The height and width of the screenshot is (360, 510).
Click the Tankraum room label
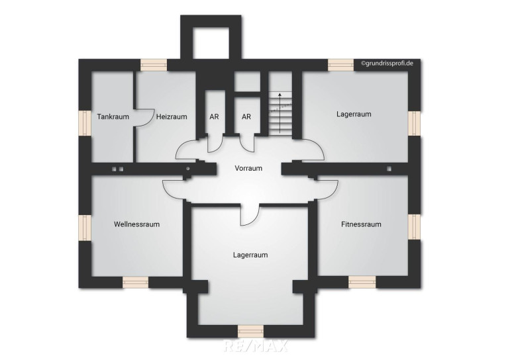[x=113, y=116]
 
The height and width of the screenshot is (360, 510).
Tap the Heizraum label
[x=172, y=116]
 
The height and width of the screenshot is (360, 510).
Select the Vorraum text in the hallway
[x=248, y=168]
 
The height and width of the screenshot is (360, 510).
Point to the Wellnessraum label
[x=136, y=224]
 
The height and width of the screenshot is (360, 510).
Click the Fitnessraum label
[x=361, y=224]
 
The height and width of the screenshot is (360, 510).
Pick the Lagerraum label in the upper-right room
[x=354, y=114]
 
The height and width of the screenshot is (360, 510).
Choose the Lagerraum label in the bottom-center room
[x=250, y=255]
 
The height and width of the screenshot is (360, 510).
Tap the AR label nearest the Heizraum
[x=214, y=116]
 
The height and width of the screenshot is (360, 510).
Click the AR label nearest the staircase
[x=246, y=116]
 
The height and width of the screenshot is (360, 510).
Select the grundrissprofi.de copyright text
[x=387, y=64]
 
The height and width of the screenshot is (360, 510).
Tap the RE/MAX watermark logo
[x=256, y=345]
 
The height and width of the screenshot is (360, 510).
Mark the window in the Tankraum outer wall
[x=86, y=123]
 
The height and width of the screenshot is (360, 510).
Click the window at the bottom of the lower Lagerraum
[x=250, y=331]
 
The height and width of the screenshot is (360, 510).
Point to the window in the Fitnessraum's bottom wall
[x=362, y=282]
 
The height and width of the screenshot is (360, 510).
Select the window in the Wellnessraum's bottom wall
[x=135, y=282]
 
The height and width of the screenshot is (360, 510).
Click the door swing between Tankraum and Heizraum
[x=144, y=117]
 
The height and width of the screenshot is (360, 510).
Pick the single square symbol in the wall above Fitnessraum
[x=389, y=169]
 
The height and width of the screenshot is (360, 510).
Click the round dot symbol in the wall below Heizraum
[x=187, y=169]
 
